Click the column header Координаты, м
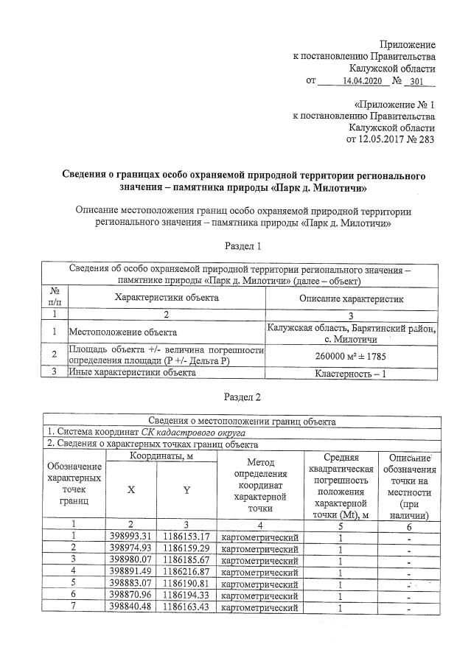click(161, 456)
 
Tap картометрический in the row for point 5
click(259, 584)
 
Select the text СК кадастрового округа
click(187, 433)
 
